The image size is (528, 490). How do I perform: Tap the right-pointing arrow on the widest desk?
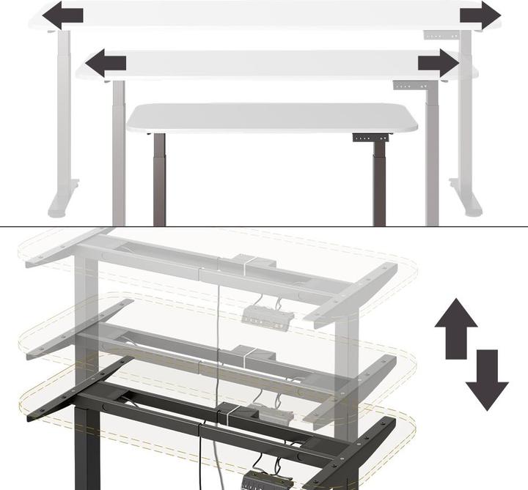click(480, 15)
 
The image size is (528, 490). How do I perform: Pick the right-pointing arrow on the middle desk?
click(438, 63)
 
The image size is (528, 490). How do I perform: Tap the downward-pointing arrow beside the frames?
click(486, 379)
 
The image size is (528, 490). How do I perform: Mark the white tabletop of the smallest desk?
click(271, 118)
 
